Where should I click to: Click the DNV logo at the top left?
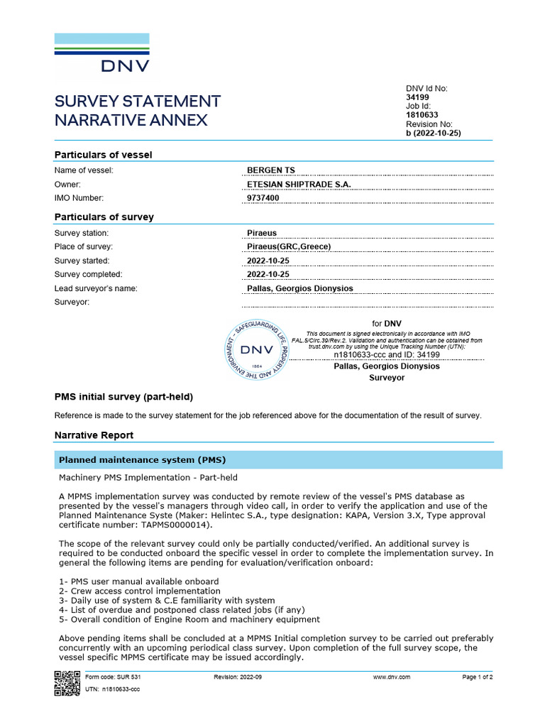[x=102, y=53]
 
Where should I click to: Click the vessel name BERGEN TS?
[x=270, y=170]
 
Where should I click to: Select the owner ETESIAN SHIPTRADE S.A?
[x=298, y=184]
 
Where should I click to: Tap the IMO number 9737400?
[x=263, y=198]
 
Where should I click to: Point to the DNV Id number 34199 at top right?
[x=417, y=97]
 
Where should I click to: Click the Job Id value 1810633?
[x=422, y=115]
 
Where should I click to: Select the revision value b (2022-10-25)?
[x=433, y=133]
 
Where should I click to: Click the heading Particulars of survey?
[x=104, y=217]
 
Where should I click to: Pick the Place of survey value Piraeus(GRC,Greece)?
[x=289, y=247]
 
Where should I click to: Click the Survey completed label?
[x=88, y=274]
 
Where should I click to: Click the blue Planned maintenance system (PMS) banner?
[x=278, y=459]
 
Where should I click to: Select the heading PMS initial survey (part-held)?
[x=123, y=396]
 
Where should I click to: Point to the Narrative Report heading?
[x=94, y=434]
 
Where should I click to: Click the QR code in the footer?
[x=67, y=682]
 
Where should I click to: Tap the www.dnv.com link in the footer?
[x=391, y=677]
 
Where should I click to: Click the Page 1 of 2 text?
[x=477, y=677]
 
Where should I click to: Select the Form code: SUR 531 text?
[x=109, y=677]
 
